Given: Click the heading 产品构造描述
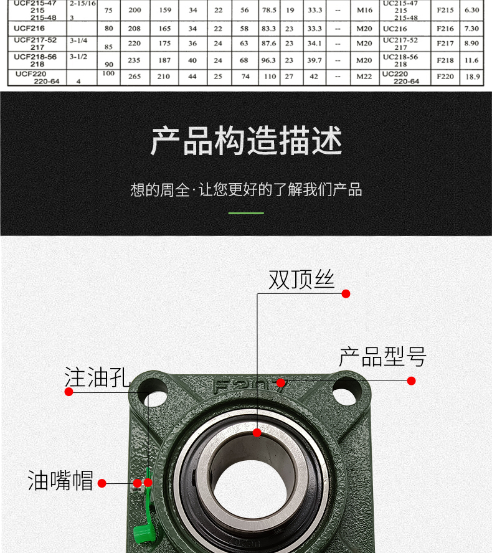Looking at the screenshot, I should click(246, 141).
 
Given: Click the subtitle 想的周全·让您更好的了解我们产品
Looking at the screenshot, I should click(246, 190).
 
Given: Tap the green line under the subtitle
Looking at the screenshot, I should click(246, 213).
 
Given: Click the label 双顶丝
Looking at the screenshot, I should click(301, 280).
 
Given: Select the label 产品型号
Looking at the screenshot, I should click(382, 357).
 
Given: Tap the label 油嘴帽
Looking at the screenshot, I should click(60, 481).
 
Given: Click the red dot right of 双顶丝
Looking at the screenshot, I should click(346, 294).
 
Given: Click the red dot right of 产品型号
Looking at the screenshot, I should click(411, 380).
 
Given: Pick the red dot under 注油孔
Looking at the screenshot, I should click(69, 392).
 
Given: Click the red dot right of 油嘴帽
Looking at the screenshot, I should click(102, 483).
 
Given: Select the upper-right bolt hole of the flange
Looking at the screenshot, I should click(348, 390).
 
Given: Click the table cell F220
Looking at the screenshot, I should click(445, 77).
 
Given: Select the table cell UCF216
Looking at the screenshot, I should click(28, 29).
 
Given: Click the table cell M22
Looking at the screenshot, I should click(364, 77).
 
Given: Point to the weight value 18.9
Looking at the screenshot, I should click(473, 77).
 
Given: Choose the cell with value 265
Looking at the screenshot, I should click(135, 77).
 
